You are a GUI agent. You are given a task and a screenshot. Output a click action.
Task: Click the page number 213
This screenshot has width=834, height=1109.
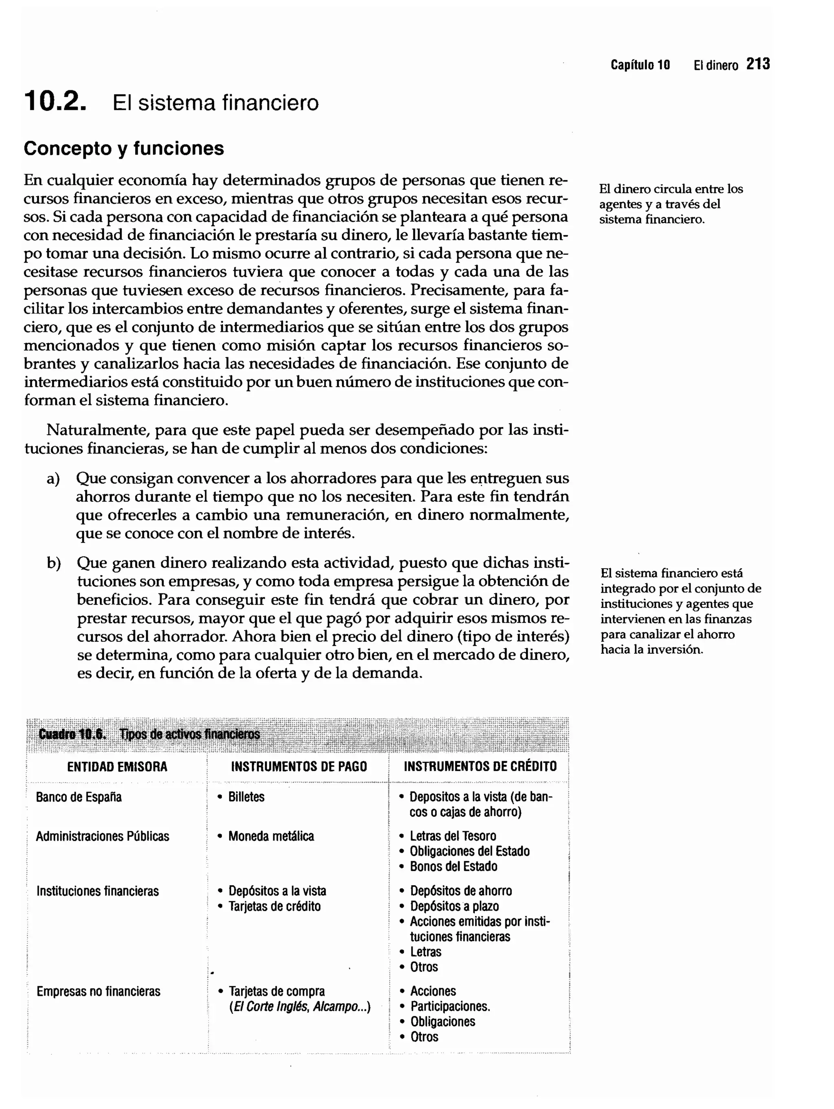[758, 64]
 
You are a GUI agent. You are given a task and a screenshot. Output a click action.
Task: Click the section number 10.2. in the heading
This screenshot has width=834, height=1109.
[55, 102]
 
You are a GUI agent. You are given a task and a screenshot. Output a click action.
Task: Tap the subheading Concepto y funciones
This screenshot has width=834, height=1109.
[123, 149]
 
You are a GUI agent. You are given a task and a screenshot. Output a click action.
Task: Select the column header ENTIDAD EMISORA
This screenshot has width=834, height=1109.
[117, 767]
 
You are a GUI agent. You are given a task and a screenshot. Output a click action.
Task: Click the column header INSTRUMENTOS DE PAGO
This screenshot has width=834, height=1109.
[298, 767]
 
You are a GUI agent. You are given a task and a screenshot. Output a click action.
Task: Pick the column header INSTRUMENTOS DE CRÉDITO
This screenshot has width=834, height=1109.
[480, 767]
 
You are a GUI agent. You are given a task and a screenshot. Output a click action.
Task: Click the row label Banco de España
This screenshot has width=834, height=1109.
[79, 797]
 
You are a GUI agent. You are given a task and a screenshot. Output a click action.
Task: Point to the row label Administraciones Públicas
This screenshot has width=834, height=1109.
[102, 836]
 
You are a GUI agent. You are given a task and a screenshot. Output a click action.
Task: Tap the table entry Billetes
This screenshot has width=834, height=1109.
[246, 797]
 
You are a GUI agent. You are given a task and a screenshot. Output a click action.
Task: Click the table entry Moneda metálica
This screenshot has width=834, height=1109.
[271, 836]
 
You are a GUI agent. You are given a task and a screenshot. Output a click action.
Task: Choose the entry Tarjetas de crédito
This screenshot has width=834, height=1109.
[274, 906]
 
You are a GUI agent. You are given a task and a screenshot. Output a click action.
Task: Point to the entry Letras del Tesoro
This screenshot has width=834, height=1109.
[452, 836]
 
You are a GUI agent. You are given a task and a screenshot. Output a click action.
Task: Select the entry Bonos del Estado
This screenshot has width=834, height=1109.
[453, 866]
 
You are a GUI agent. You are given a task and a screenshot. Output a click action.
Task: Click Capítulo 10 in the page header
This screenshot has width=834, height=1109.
[640, 65]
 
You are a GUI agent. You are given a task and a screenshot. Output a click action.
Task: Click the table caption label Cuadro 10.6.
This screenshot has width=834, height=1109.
[72, 735]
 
